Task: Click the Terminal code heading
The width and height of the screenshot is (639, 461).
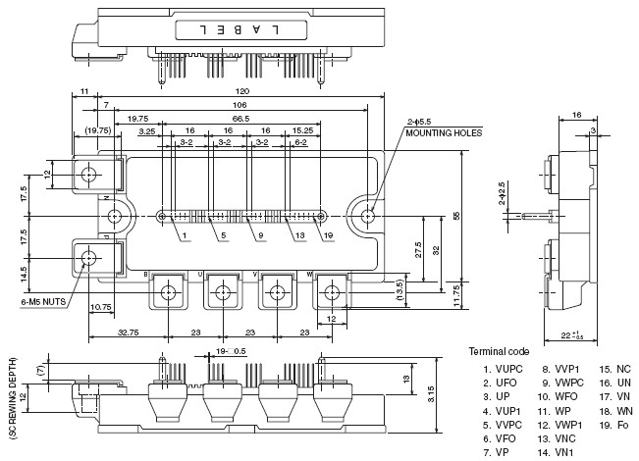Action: click(499, 350)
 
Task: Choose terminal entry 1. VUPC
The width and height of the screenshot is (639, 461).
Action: click(500, 370)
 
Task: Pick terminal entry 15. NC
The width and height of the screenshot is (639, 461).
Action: click(614, 370)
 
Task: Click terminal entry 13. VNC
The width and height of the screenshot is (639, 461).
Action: click(556, 438)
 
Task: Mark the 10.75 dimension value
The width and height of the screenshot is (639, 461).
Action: click(99, 308)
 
